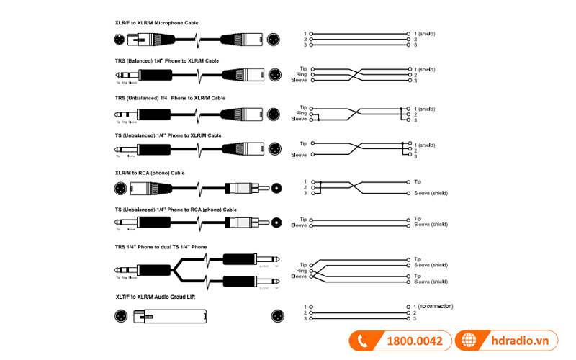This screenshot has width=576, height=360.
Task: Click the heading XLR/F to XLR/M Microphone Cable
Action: click(x=156, y=23)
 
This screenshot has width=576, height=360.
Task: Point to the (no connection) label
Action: click(x=436, y=306)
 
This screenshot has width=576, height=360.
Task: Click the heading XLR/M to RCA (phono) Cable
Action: click(x=149, y=173)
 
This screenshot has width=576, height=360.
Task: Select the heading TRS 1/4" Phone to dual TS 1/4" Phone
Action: click(x=161, y=247)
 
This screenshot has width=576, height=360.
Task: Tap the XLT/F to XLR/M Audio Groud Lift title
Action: click(x=155, y=297)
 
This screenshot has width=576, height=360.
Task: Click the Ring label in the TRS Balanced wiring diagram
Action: click(x=303, y=74)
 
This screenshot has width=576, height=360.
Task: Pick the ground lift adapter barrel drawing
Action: click(x=176, y=315)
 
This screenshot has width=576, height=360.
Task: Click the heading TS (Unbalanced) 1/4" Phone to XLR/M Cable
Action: click(x=168, y=135)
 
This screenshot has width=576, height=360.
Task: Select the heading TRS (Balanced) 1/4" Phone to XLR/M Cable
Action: click(x=166, y=61)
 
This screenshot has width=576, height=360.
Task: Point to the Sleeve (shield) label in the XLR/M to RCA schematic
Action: click(x=431, y=194)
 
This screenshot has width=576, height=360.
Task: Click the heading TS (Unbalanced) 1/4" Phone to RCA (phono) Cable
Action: click(x=175, y=210)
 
